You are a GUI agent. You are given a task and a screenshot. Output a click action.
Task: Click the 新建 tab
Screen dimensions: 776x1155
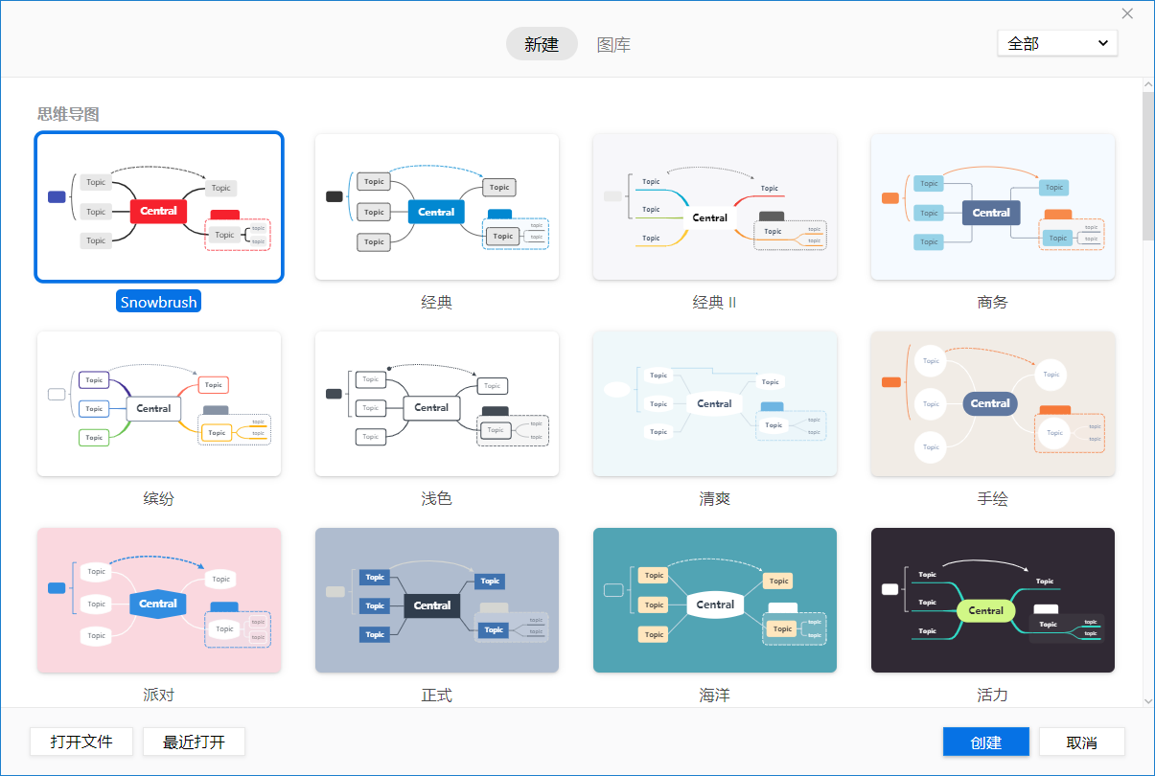pyautogui.click(x=542, y=44)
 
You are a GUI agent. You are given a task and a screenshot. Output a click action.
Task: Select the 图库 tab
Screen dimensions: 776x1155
pyautogui.click(x=613, y=44)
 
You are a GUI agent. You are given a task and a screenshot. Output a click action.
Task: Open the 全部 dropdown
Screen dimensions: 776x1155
pyautogui.click(x=1057, y=43)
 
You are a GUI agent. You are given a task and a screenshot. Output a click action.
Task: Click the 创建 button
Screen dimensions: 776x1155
pyautogui.click(x=985, y=742)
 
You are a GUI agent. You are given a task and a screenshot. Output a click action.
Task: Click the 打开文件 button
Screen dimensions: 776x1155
pyautogui.click(x=81, y=742)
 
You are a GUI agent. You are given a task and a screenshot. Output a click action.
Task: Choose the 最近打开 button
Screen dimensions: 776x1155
pyautogui.click(x=194, y=742)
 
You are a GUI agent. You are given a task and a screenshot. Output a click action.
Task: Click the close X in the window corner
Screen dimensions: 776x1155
pyautogui.click(x=1127, y=13)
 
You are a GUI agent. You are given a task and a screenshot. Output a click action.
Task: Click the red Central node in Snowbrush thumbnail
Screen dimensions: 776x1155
pyautogui.click(x=158, y=211)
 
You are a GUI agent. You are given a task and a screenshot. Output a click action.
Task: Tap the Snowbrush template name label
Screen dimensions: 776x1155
pyautogui.click(x=159, y=302)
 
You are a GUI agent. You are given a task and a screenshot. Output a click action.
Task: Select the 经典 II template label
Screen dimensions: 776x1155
pyautogui.click(x=715, y=302)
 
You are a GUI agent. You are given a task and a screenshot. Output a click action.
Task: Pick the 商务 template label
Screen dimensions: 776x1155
pyautogui.click(x=992, y=302)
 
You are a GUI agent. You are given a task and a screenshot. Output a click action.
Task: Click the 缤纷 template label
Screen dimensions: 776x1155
pyautogui.click(x=159, y=498)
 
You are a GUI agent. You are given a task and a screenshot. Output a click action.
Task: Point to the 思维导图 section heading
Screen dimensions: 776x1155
pyautogui.click(x=68, y=114)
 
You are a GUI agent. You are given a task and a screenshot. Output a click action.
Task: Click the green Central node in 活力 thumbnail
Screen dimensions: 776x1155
pyautogui.click(x=985, y=610)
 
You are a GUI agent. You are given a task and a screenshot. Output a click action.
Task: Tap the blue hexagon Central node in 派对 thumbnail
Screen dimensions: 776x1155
pyautogui.click(x=158, y=604)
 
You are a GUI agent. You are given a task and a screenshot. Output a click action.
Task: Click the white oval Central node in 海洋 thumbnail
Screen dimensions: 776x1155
pyautogui.click(x=715, y=605)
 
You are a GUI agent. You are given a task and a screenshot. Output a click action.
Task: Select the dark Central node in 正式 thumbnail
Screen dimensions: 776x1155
pyautogui.click(x=432, y=605)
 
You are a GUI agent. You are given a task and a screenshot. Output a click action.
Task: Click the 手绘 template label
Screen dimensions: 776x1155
pyautogui.click(x=992, y=498)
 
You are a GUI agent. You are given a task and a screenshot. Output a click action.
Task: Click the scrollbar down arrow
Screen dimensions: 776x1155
pyautogui.click(x=1147, y=701)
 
